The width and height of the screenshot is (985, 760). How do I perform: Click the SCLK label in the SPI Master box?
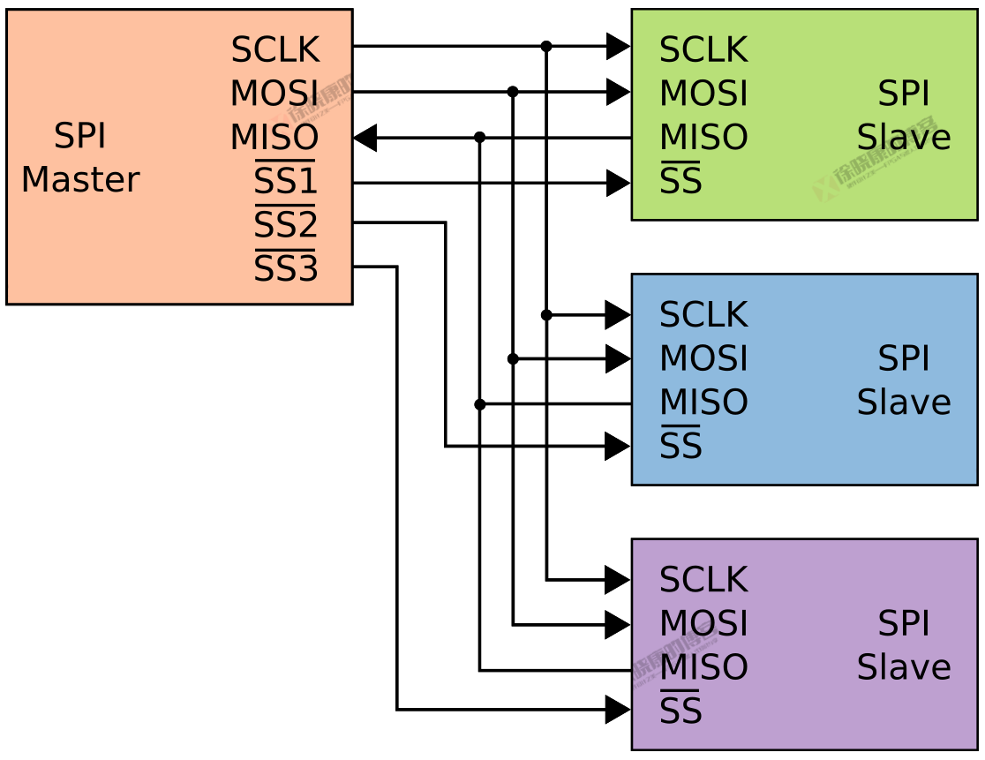pyautogui.click(x=274, y=50)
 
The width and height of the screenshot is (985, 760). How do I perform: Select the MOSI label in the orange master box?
pyautogui.click(x=274, y=94)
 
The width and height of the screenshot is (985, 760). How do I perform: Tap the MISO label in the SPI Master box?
pyautogui.click(x=274, y=138)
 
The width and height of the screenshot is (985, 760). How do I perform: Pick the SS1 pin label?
pyautogui.click(x=285, y=181)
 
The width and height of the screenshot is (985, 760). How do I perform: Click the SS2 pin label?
pyautogui.click(x=285, y=225)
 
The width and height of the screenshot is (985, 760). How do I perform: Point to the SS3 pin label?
pyautogui.click(x=285, y=269)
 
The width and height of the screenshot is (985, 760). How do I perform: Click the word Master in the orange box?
pyautogui.click(x=79, y=180)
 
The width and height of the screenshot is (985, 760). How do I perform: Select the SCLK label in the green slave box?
pyautogui.click(x=703, y=50)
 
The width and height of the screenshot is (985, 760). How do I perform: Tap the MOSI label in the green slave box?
pyautogui.click(x=703, y=94)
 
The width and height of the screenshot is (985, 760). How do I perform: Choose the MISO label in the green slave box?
pyautogui.click(x=703, y=138)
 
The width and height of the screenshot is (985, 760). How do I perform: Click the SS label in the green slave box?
pyautogui.click(x=680, y=181)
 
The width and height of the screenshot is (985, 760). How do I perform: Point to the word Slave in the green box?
pyautogui.click(x=903, y=138)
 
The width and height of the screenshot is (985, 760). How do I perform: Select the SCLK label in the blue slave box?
pyautogui.click(x=703, y=315)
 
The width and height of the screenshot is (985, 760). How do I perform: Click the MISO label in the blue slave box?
pyautogui.click(x=703, y=403)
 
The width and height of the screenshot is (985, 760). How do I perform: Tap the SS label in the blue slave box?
pyautogui.click(x=680, y=446)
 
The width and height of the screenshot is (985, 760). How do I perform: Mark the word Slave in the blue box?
pyautogui.click(x=903, y=403)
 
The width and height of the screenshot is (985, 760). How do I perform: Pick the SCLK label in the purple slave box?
pyautogui.click(x=703, y=580)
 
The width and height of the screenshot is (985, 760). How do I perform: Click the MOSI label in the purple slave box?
pyautogui.click(x=703, y=624)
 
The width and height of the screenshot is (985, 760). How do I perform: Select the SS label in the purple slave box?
pyautogui.click(x=680, y=711)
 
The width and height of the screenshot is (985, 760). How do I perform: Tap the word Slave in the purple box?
pyautogui.click(x=903, y=667)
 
